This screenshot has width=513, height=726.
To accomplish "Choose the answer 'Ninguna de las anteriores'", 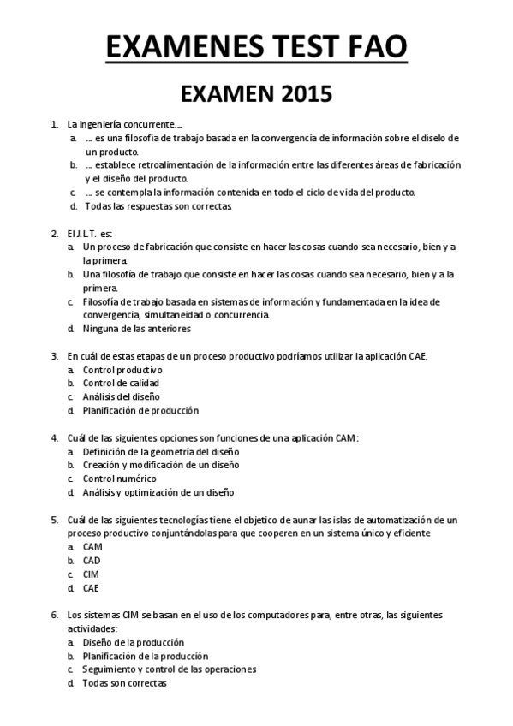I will (137, 328).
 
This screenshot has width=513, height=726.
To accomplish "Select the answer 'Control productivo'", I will (122, 369).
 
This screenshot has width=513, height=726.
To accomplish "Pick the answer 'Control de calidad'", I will (121, 383).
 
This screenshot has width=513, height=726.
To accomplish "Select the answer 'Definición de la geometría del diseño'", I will (161, 451).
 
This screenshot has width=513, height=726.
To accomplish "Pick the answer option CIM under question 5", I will (92, 574).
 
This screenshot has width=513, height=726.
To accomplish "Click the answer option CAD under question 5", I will (92, 561).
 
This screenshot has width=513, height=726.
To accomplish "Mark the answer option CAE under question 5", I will (92, 588).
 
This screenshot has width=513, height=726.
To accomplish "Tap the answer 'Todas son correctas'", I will (124, 683).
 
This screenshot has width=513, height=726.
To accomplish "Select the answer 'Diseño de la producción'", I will (133, 642).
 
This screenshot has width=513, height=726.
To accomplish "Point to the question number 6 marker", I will (55, 615).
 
